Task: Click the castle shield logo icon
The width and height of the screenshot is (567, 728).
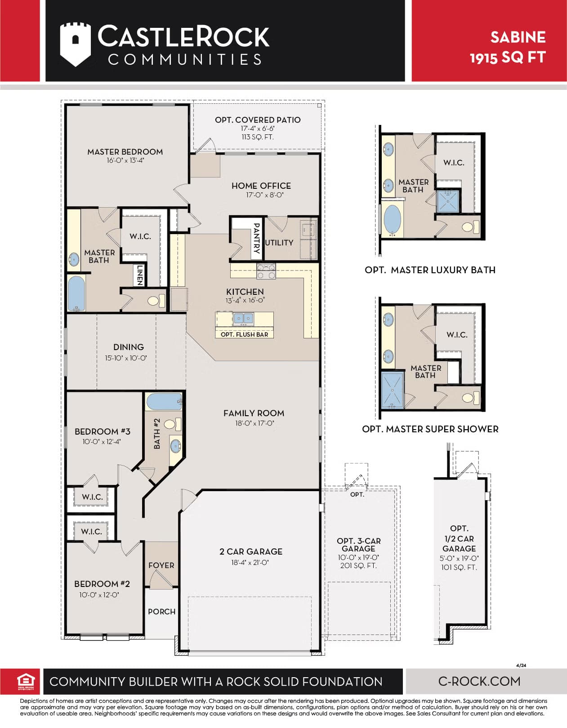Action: (x=76, y=44)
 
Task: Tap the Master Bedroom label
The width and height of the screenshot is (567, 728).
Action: (x=125, y=152)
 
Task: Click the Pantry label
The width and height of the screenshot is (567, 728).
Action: (x=256, y=238)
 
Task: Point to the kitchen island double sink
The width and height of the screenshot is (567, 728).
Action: (x=243, y=319)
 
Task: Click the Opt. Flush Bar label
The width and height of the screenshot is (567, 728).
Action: (x=244, y=334)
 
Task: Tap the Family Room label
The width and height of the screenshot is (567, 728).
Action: (x=254, y=413)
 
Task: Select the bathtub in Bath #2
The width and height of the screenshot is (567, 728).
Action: (x=164, y=401)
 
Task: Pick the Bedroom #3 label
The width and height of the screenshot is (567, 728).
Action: (x=103, y=431)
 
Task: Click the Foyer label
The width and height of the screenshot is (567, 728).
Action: (x=161, y=565)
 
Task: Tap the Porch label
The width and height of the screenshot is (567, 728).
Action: (x=161, y=612)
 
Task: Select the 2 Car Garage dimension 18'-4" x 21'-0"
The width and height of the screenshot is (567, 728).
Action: (x=250, y=563)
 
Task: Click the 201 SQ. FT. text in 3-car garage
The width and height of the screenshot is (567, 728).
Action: (x=358, y=566)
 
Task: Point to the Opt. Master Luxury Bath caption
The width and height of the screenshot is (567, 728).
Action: (x=430, y=270)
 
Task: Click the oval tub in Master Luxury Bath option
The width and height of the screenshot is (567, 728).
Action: (x=393, y=220)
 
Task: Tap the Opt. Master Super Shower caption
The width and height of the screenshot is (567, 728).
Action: (x=430, y=429)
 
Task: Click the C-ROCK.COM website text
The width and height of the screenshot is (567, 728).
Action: (x=479, y=681)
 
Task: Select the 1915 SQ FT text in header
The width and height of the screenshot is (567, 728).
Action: (x=508, y=58)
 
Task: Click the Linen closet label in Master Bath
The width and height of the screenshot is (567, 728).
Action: (x=140, y=275)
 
